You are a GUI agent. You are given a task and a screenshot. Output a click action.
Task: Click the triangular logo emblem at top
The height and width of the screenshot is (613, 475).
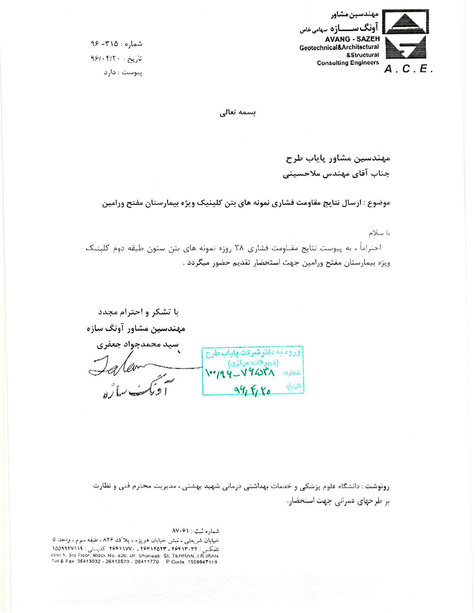pos(407,22)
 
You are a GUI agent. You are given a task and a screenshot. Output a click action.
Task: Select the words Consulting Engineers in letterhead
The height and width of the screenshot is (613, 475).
pos(348,63)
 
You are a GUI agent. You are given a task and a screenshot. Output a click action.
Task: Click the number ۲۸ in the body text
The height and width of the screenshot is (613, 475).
pos(240,248)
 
